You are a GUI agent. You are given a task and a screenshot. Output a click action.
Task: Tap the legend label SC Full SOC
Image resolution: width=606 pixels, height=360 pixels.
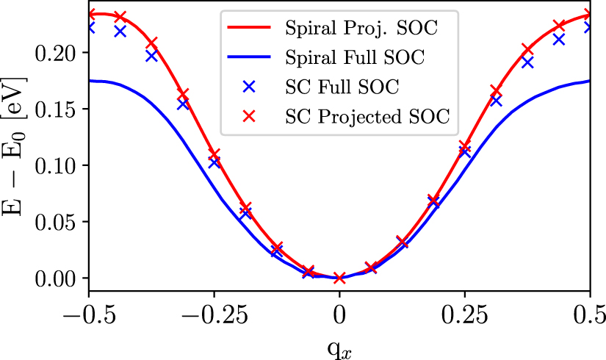pyautogui.click(x=341, y=86)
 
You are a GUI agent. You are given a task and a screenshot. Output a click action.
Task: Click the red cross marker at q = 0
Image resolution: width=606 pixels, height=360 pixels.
pyautogui.click(x=339, y=278)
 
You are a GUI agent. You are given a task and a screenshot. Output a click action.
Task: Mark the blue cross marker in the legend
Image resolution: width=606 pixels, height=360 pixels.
pyautogui.click(x=250, y=86)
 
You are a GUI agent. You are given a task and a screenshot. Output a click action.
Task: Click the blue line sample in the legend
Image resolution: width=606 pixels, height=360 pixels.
pyautogui.click(x=250, y=57)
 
